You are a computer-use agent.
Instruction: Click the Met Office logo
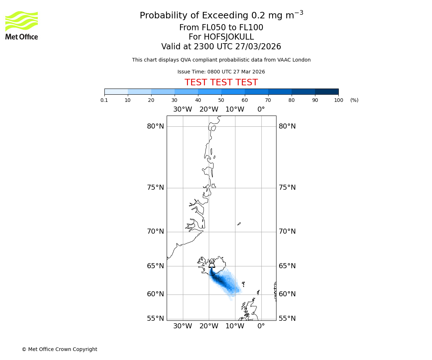pyautogui.click(x=22, y=25)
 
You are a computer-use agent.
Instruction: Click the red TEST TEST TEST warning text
pyautogui.click(x=221, y=82)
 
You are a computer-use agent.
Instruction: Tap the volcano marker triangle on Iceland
pyautogui.click(x=212, y=265)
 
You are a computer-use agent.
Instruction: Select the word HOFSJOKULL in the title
pyautogui.click(x=229, y=37)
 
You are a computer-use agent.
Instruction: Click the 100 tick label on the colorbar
pyautogui.click(x=338, y=100)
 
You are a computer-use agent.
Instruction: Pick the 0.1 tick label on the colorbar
pyautogui.click(x=104, y=100)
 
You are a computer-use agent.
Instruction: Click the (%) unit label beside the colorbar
pyautogui.click(x=354, y=100)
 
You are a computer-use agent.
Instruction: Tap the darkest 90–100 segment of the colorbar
pyautogui.click(x=327, y=91)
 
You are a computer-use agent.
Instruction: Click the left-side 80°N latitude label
pyautogui.click(x=156, y=126)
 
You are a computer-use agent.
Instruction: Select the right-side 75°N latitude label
pyautogui.click(x=287, y=188)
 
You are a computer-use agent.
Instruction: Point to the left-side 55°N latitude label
pyautogui.click(x=156, y=319)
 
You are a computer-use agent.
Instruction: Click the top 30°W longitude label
pyautogui.click(x=183, y=109)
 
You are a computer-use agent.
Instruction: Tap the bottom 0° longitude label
pyautogui.click(x=261, y=326)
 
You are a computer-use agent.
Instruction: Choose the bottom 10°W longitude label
pyautogui.click(x=235, y=326)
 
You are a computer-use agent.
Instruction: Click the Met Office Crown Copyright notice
pyautogui.click(x=59, y=349)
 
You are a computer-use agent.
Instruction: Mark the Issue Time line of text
pyautogui.click(x=221, y=72)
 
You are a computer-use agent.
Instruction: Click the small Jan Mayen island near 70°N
pyautogui.click(x=239, y=224)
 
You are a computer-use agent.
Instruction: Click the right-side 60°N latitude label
pyautogui.click(x=287, y=294)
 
